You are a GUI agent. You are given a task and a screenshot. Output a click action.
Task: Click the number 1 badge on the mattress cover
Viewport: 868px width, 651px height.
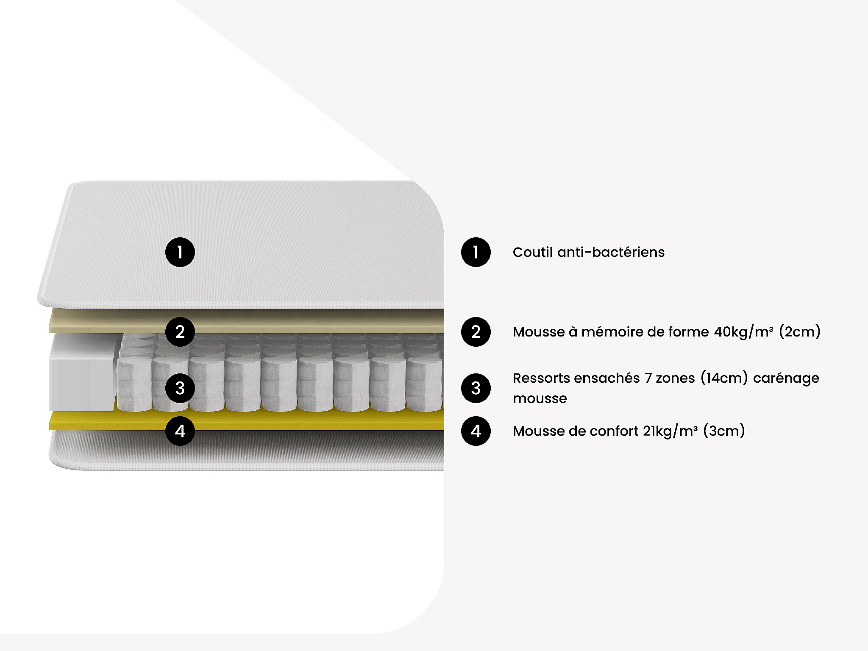pyautogui.click(x=180, y=252)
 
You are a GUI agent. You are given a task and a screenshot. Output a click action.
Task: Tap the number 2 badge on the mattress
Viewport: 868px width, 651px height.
pyautogui.click(x=180, y=331)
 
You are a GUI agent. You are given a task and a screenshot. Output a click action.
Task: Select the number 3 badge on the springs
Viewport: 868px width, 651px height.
pyautogui.click(x=180, y=388)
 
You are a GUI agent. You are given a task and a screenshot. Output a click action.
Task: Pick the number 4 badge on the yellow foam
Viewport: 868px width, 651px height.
pyautogui.click(x=180, y=431)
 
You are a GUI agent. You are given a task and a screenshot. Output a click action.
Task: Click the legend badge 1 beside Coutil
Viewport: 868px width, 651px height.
pyautogui.click(x=476, y=252)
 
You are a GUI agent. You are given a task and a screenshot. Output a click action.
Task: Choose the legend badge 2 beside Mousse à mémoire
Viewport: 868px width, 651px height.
pyautogui.click(x=476, y=331)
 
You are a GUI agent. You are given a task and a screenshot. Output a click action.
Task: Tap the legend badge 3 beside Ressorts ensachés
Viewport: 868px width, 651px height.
pyautogui.click(x=476, y=388)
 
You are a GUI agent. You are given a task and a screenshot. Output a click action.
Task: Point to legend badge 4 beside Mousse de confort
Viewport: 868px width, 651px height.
pyautogui.click(x=476, y=431)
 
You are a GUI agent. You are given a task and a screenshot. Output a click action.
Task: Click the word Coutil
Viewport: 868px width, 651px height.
pyautogui.click(x=532, y=252)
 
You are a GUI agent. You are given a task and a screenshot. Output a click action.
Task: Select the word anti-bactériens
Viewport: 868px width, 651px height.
pyautogui.click(x=611, y=252)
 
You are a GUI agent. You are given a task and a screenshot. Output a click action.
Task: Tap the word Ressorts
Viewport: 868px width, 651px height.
pyautogui.click(x=539, y=378)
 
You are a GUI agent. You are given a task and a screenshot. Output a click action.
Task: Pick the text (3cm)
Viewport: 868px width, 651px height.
pyautogui.click(x=724, y=431)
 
